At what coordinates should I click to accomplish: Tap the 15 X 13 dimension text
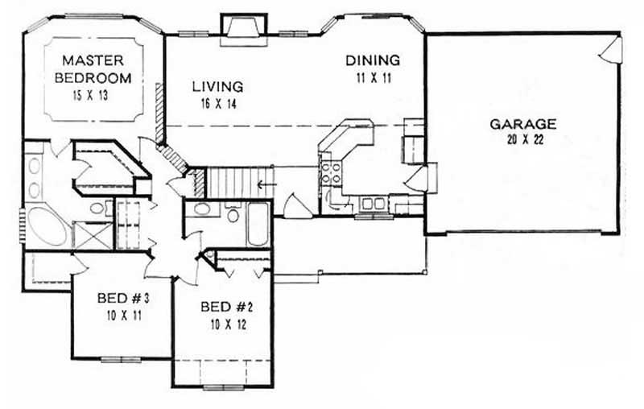pyautogui.click(x=95, y=94)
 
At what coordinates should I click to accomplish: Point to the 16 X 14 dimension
pyautogui.click(x=217, y=103)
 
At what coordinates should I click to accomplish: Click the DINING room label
pyautogui.click(x=373, y=60)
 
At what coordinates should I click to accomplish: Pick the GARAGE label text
pyautogui.click(x=522, y=124)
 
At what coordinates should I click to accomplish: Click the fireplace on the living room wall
pyautogui.click(x=240, y=27)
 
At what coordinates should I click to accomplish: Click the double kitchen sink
pyautogui.click(x=373, y=203)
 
